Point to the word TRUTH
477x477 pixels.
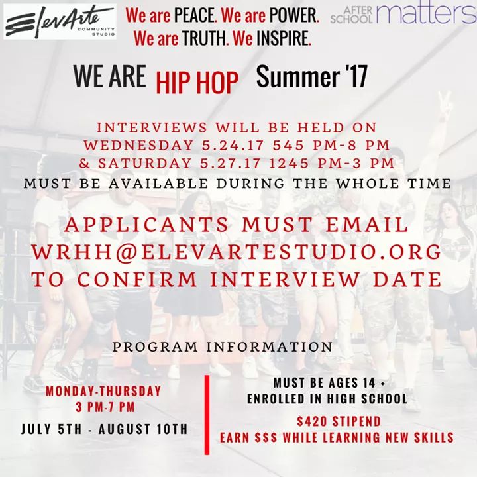(x=199, y=39)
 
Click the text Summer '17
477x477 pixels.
(x=311, y=78)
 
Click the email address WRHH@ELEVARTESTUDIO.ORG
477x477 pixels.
(x=238, y=252)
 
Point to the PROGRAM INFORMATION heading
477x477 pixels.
(x=223, y=346)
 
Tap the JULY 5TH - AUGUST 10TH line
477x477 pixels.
(x=104, y=429)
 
